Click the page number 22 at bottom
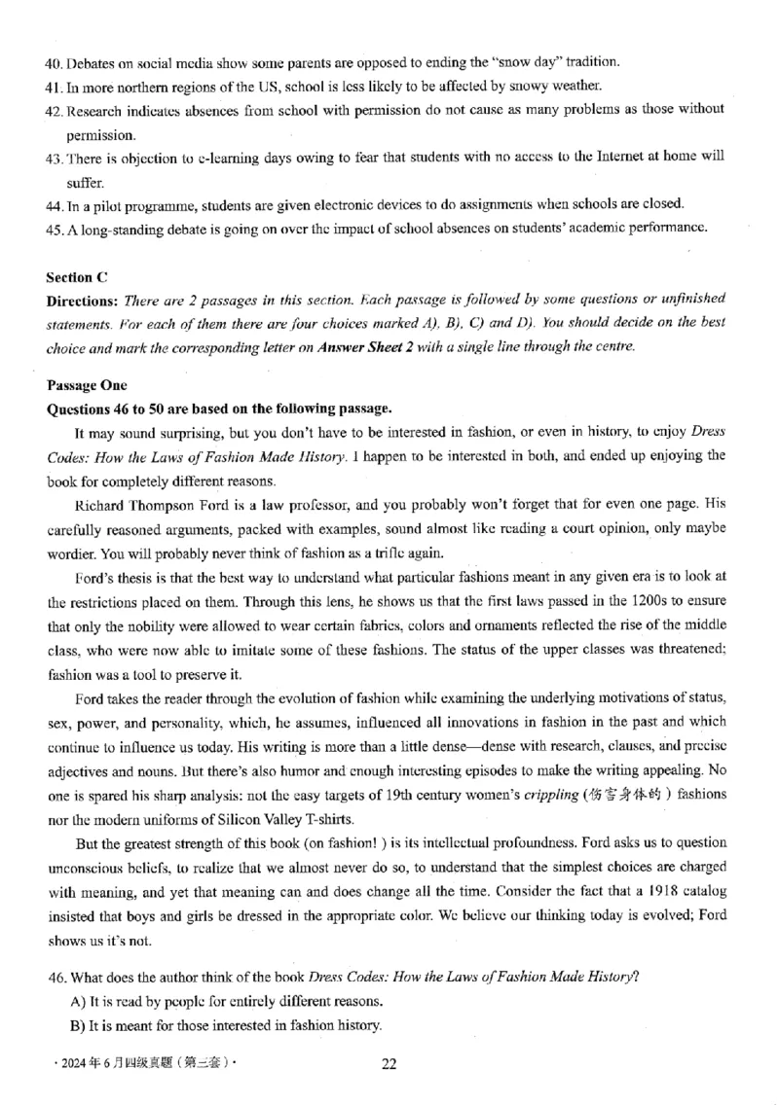[x=389, y=1063]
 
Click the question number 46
[x=55, y=976]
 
